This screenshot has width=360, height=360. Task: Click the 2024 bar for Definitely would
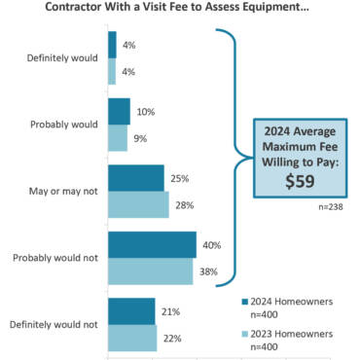[x=113, y=45]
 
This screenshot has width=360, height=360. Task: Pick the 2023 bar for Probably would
[x=118, y=137]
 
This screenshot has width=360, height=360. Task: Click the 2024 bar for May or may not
[x=136, y=178]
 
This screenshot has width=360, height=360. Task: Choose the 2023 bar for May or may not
[x=139, y=204]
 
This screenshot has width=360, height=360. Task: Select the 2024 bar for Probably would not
[x=153, y=244]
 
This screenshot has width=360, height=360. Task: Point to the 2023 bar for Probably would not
[x=151, y=270]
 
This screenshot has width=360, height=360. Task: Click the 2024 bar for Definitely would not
[x=131, y=311]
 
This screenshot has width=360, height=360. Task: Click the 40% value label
[x=211, y=245]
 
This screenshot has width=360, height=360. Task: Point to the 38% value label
[x=207, y=271]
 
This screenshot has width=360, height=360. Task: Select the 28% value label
[x=183, y=205]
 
